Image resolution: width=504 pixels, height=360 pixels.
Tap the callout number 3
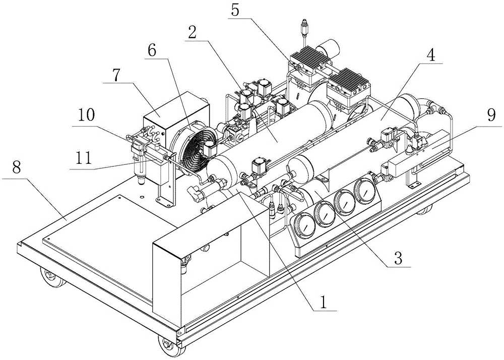398,258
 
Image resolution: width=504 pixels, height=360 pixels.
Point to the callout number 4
430,55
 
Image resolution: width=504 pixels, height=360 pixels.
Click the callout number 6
152,50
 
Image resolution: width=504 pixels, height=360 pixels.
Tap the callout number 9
491,115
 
